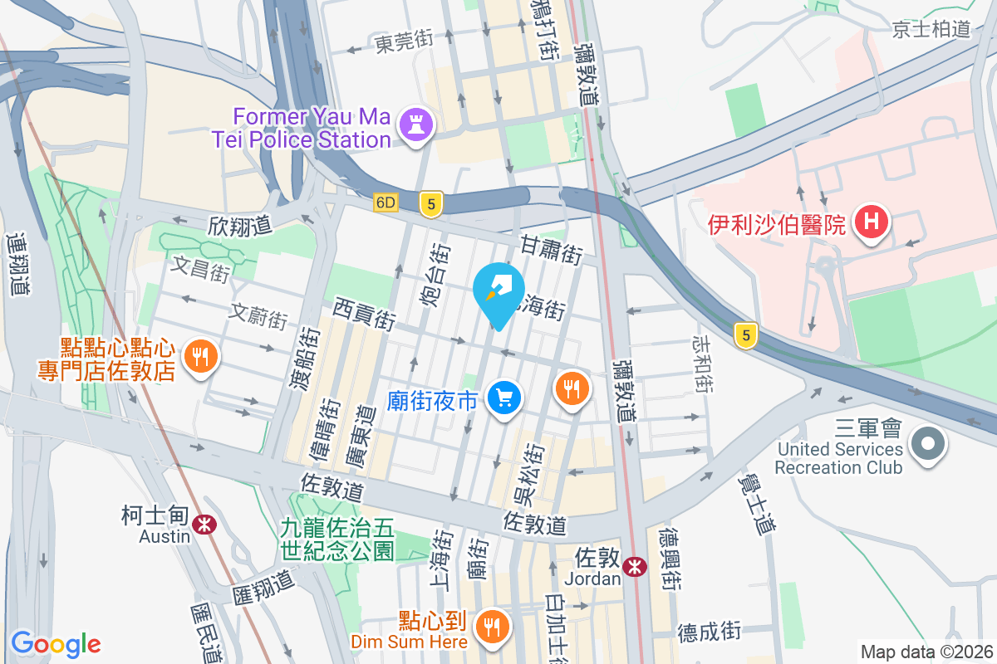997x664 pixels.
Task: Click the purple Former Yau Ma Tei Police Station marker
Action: tap(412, 125)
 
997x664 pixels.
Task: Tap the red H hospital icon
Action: tap(871, 222)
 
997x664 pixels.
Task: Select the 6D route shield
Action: tap(386, 203)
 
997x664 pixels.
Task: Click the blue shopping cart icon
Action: tap(503, 399)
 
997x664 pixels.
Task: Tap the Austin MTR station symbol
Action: tap(203, 525)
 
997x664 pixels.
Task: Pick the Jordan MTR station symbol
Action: tap(635, 567)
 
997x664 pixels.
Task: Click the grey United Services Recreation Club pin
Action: tap(928, 442)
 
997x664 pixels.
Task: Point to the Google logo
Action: tap(56, 643)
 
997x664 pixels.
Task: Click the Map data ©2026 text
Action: tap(926, 652)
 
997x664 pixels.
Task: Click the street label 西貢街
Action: tap(364, 314)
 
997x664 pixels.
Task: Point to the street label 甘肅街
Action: tap(552, 248)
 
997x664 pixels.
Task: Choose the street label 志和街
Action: tap(701, 364)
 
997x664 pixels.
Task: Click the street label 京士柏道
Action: tap(932, 29)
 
